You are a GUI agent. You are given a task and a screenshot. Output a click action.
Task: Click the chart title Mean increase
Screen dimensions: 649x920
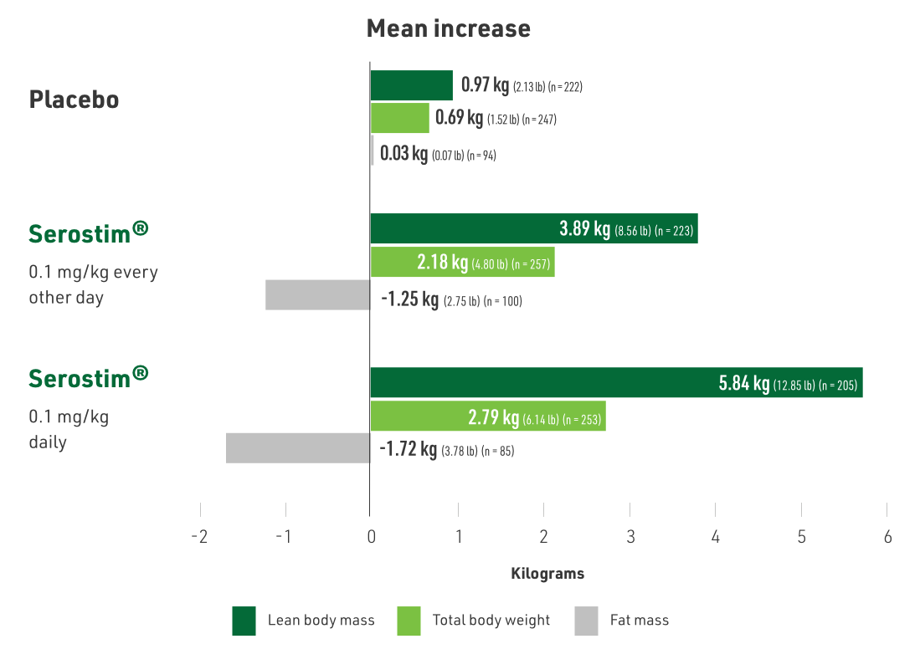(449, 28)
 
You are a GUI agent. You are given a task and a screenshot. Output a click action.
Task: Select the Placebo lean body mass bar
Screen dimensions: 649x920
(411, 85)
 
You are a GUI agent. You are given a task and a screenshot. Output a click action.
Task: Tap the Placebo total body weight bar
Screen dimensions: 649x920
(399, 119)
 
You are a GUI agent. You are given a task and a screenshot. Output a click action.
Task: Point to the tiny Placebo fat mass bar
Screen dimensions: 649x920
(373, 151)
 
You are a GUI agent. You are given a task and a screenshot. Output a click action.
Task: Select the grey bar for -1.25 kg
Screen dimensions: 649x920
(318, 295)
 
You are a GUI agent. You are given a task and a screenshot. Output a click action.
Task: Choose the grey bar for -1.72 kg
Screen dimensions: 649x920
(298, 448)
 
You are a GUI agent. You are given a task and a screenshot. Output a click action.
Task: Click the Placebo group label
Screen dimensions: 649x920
(74, 100)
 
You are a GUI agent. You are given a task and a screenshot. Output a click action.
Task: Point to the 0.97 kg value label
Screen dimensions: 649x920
(486, 85)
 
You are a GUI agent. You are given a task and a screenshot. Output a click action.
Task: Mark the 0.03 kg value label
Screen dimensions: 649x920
(404, 154)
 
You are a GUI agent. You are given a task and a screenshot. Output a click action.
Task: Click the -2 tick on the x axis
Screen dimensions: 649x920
(199, 537)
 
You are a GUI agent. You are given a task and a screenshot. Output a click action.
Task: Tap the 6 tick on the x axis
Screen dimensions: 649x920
(887, 537)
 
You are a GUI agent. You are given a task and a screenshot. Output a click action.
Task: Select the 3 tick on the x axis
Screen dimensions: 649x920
(630, 537)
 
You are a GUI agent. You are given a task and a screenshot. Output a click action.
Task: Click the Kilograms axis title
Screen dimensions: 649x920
(547, 574)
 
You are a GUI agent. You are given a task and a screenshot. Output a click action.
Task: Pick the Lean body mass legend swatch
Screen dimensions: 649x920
(244, 621)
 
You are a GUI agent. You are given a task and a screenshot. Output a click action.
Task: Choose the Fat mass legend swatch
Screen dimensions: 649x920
(587, 621)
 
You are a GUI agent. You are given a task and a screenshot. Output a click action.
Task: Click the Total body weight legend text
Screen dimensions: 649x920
(491, 621)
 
